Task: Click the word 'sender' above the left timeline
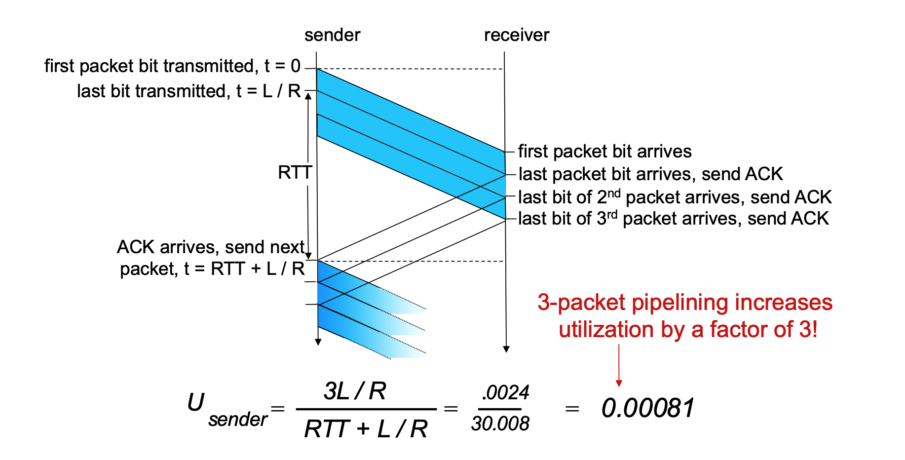pyautogui.click(x=332, y=35)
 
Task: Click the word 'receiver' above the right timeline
pyautogui.click(x=516, y=35)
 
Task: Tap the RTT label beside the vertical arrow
pyautogui.click(x=295, y=172)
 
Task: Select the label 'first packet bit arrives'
pyautogui.click(x=604, y=152)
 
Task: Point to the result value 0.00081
pyautogui.click(x=648, y=408)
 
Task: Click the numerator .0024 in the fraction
pyautogui.click(x=505, y=393)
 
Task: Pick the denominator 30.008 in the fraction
pyautogui.click(x=500, y=423)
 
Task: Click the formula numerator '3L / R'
pyautogui.click(x=355, y=391)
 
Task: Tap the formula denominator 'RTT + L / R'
pyautogui.click(x=366, y=428)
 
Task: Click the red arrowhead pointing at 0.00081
pyautogui.click(x=619, y=383)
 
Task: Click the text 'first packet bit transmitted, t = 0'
pyautogui.click(x=172, y=66)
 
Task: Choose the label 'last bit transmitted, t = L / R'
pyautogui.click(x=189, y=91)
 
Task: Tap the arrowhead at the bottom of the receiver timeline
pyautogui.click(x=506, y=349)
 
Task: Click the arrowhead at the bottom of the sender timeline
pyautogui.click(x=318, y=342)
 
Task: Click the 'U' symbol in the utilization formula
pyautogui.click(x=195, y=403)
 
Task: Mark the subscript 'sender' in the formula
pyautogui.click(x=237, y=420)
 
